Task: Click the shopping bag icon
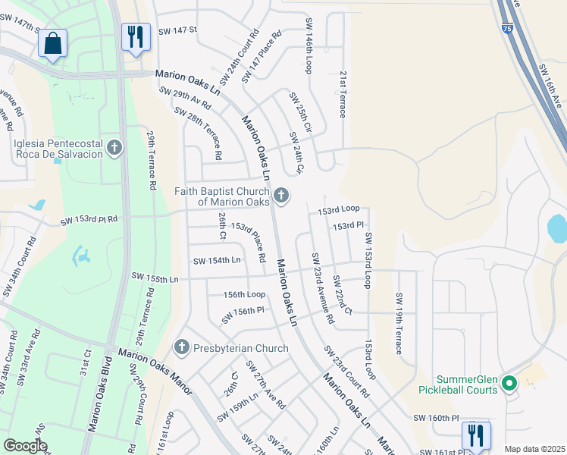click(52, 44)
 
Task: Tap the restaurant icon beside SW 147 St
click(136, 36)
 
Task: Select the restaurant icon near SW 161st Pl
click(476, 435)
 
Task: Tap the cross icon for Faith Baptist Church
click(281, 196)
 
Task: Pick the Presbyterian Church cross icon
click(181, 348)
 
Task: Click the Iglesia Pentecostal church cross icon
click(114, 147)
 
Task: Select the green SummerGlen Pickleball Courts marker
click(509, 384)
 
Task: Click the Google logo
click(25, 446)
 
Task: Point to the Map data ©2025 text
click(534, 449)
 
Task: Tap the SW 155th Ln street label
click(155, 278)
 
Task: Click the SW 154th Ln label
click(217, 260)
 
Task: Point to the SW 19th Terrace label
click(398, 324)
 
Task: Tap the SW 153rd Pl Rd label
click(89, 220)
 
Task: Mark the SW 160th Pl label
click(436, 418)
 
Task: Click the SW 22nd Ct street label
click(343, 296)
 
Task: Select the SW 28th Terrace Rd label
click(198, 133)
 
